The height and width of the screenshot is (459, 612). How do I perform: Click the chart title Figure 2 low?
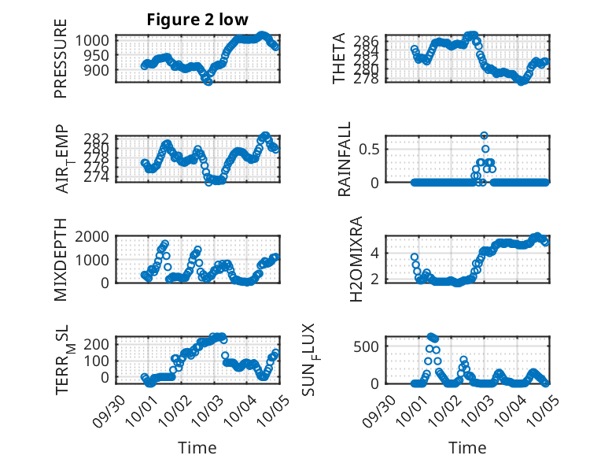[x=197, y=20]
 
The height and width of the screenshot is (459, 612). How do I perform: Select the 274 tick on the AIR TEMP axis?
[x=102, y=178]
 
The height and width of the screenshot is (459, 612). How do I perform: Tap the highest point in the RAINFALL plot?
[x=485, y=135]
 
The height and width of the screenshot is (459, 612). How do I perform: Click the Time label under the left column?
[x=197, y=448]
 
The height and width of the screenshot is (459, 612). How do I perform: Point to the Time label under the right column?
[x=467, y=448]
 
